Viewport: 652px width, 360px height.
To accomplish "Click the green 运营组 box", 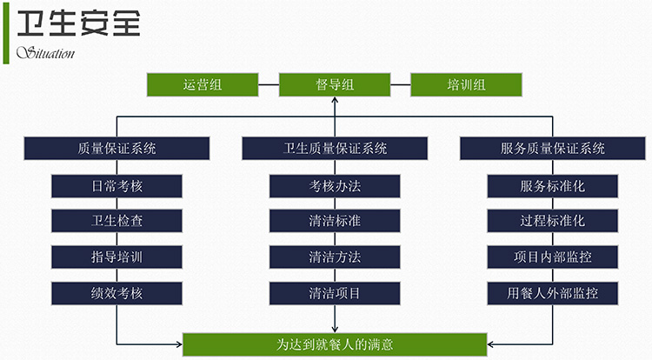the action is tap(203, 85).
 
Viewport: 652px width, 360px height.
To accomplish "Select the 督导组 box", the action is tap(335, 85).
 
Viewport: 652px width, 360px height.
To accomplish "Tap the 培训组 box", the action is tap(466, 85).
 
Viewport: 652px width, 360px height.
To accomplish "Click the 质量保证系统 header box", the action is tap(116, 149).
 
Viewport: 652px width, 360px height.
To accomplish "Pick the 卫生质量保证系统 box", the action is tap(335, 149).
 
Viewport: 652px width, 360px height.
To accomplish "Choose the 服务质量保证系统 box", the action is tap(553, 149).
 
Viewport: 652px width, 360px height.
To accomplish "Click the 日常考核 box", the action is tap(116, 186).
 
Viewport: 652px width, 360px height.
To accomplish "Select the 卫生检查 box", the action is tap(116, 221).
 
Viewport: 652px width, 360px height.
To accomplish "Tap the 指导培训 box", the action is tap(116, 257).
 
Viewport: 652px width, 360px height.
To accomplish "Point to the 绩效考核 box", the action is tap(116, 294).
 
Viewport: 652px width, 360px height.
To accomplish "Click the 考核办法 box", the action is tap(335, 186).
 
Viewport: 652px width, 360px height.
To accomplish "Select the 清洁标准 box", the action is tap(335, 221).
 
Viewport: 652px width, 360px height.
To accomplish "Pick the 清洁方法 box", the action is tap(335, 257).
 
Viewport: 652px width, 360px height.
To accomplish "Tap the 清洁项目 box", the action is tap(335, 294).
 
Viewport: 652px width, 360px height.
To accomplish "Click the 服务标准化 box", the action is tap(553, 186).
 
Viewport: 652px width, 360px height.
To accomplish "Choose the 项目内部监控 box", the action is tap(553, 257).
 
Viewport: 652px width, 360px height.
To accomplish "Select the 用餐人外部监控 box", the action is tap(553, 294).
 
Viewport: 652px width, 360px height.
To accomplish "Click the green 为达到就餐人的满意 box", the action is tap(335, 344).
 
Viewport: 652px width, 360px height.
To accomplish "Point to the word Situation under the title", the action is tap(46, 53).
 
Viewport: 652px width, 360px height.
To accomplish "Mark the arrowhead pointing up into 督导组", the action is tap(335, 100).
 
